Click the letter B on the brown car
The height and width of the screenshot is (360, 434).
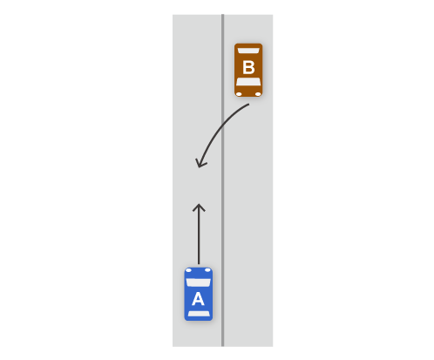click(248, 67)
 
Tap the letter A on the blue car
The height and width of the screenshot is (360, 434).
click(198, 299)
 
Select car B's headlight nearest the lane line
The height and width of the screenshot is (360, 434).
click(239, 94)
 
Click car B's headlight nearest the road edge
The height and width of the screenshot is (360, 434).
click(258, 94)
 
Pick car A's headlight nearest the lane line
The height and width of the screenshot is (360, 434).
click(207, 270)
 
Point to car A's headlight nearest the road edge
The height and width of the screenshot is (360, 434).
click(188, 270)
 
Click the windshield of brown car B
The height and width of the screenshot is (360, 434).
click(248, 82)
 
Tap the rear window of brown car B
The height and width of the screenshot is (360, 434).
click(248, 51)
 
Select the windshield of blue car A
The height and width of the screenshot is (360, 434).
click(198, 282)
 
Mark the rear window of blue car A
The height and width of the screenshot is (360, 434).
click(199, 314)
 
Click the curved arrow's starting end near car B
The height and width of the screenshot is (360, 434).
click(248, 104)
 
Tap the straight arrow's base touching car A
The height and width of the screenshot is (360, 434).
click(199, 264)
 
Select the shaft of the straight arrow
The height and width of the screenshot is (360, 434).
click(199, 234)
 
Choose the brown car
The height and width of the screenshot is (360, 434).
click(248, 70)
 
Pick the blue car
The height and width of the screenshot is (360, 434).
click(199, 294)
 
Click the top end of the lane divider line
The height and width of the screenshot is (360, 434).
click(223, 15)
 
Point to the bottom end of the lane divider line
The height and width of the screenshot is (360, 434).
click(223, 346)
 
